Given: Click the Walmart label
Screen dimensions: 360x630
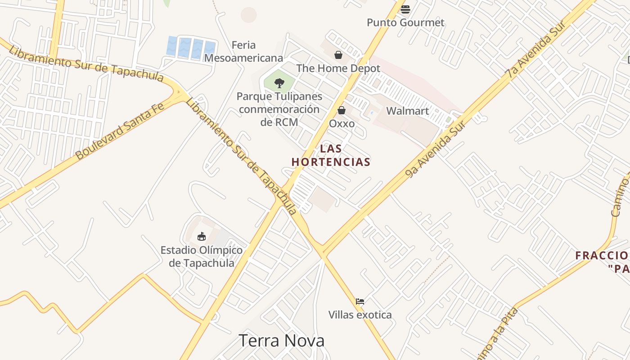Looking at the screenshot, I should pyautogui.click(x=407, y=111).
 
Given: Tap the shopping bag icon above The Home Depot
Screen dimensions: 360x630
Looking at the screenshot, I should pyautogui.click(x=338, y=55).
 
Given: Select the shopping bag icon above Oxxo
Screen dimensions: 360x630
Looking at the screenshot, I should pyautogui.click(x=342, y=110).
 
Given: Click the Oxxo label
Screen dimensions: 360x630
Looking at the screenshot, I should pyautogui.click(x=342, y=123).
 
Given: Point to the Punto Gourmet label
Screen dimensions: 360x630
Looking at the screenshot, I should pyautogui.click(x=405, y=22).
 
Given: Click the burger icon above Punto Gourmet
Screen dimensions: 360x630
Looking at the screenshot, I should pyautogui.click(x=405, y=9).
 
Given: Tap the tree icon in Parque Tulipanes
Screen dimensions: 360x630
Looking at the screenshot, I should pyautogui.click(x=279, y=83).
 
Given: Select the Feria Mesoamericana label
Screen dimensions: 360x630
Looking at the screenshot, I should pyautogui.click(x=243, y=51).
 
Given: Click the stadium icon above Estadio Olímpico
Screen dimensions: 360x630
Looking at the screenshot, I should pyautogui.click(x=202, y=236).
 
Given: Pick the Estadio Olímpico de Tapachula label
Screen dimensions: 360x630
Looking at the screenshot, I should pyautogui.click(x=202, y=256).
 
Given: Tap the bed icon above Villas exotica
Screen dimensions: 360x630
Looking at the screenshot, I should pyautogui.click(x=360, y=301).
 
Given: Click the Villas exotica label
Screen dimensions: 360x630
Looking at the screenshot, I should pyautogui.click(x=360, y=315).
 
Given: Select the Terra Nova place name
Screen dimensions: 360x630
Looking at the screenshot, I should pyautogui.click(x=281, y=341).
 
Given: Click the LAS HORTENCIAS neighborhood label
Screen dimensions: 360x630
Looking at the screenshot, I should pyautogui.click(x=331, y=155).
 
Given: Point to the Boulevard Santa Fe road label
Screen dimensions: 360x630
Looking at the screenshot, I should pyautogui.click(x=120, y=130).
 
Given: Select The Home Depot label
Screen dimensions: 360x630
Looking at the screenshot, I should pyautogui.click(x=338, y=68).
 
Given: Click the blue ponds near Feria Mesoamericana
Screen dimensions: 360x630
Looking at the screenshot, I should pyautogui.click(x=191, y=48).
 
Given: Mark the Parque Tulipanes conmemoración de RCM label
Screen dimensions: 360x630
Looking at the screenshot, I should pyautogui.click(x=279, y=109).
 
